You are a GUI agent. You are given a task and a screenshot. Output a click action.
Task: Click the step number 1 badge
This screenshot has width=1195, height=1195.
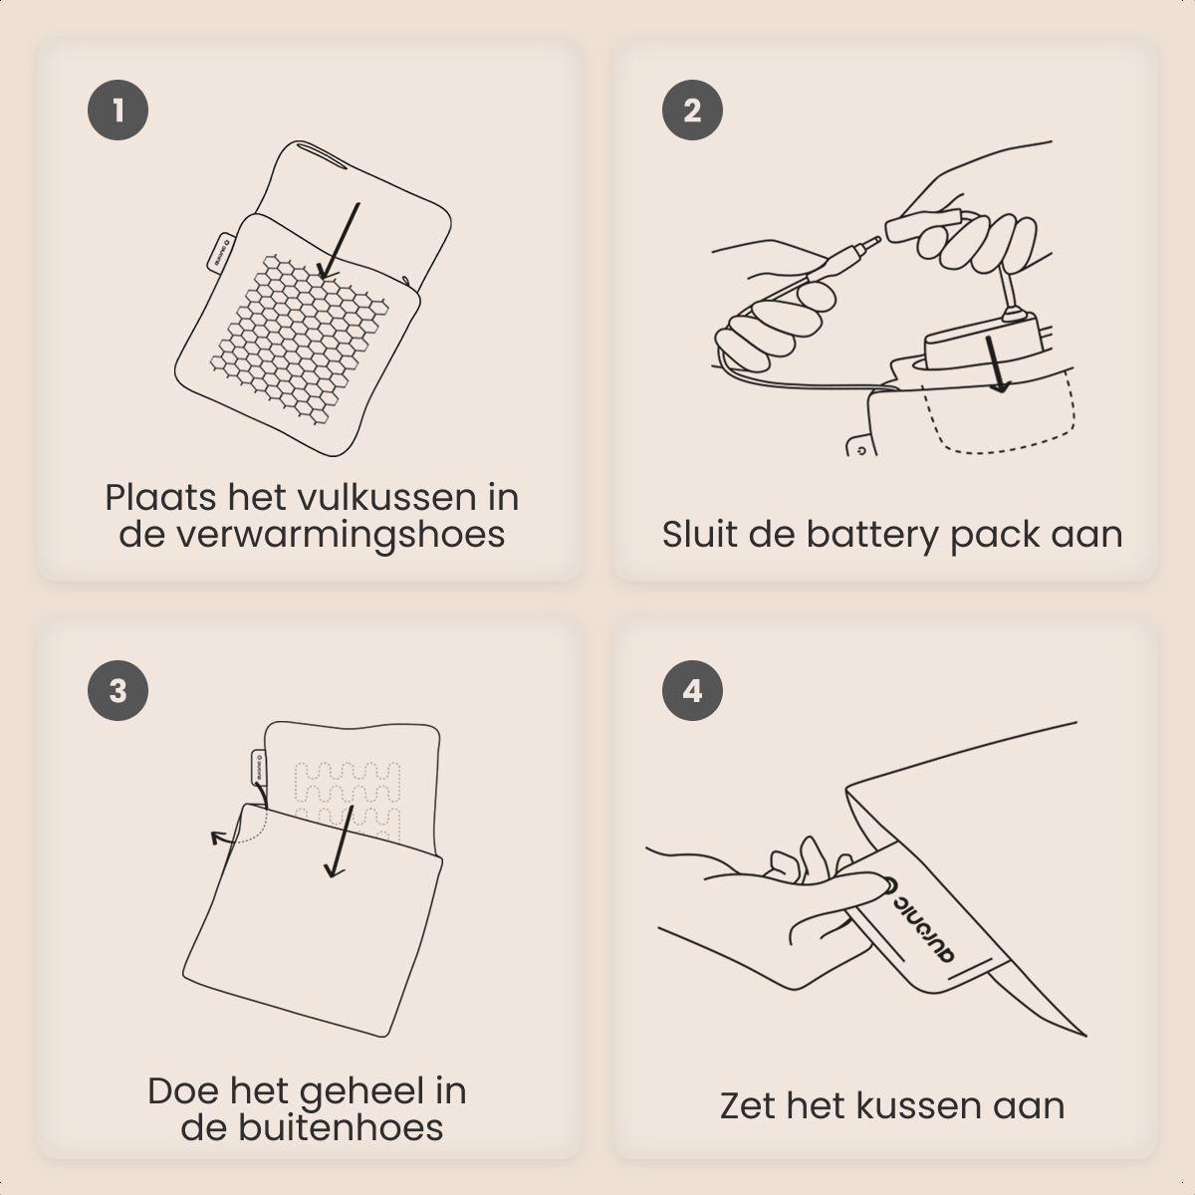(118, 110)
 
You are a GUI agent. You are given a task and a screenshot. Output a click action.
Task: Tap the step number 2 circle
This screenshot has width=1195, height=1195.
(692, 110)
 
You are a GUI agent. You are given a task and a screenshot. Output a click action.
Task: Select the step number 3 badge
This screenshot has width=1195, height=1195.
(118, 690)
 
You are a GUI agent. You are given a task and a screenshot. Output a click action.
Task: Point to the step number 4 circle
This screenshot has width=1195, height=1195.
(692, 690)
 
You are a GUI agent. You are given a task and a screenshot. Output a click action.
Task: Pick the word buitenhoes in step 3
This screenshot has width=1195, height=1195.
(340, 1127)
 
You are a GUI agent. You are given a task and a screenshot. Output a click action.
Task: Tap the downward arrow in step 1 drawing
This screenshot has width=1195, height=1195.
(339, 239)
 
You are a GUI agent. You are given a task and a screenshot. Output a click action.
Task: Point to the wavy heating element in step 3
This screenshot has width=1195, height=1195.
(349, 787)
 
